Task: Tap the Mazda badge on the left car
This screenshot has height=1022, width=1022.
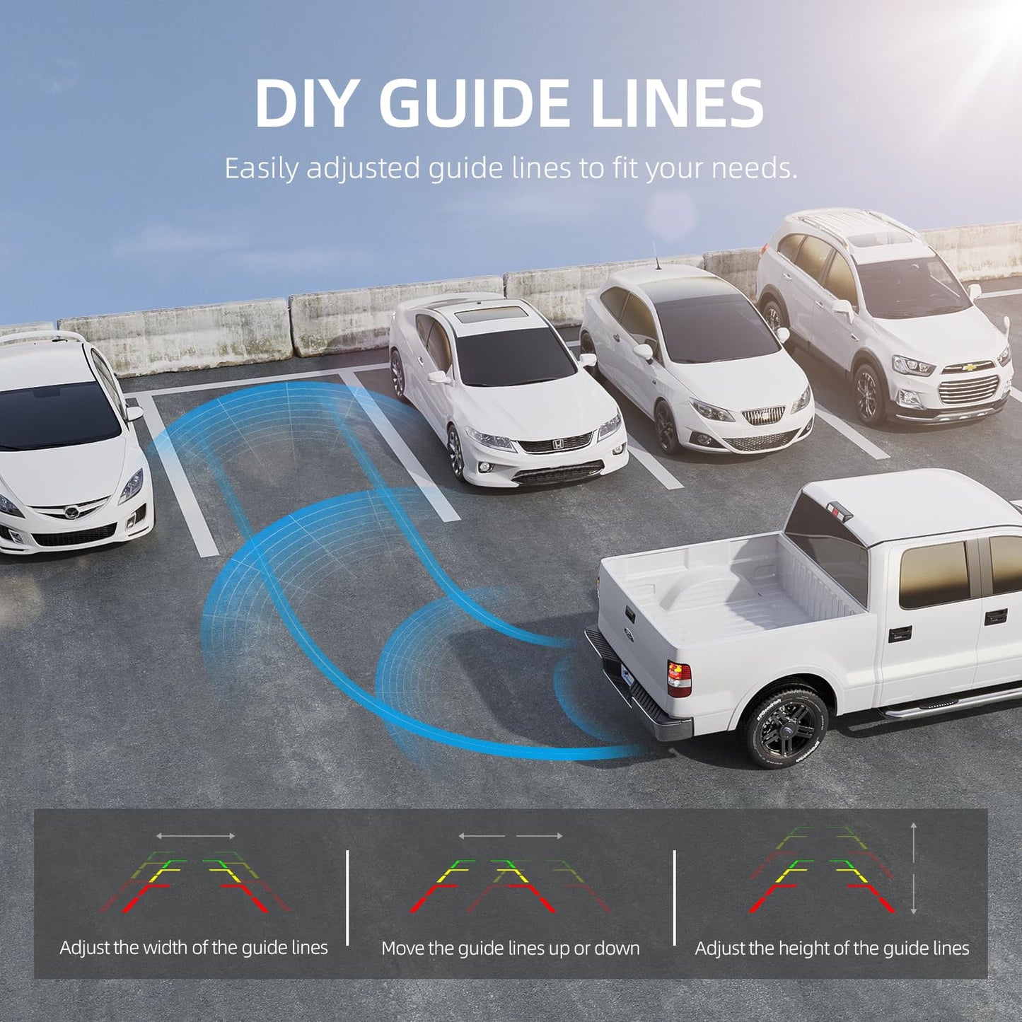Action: (x=71, y=512)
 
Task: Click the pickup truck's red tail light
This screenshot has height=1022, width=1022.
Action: (x=680, y=680)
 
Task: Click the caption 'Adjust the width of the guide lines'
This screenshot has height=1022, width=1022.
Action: (x=194, y=947)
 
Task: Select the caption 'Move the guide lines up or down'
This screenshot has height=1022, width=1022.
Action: (x=510, y=948)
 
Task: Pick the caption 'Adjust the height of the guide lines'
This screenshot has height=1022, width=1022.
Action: (x=832, y=948)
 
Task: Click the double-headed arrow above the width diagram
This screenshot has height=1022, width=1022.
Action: (x=195, y=837)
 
